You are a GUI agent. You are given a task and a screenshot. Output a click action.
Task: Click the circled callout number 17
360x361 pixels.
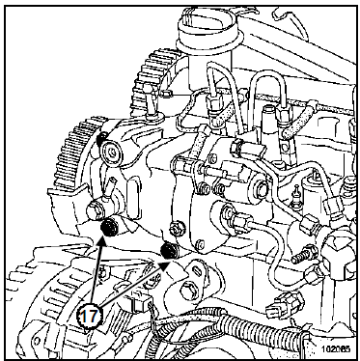click(90, 317)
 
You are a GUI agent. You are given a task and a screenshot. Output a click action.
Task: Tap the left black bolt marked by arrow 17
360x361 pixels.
click(108, 228)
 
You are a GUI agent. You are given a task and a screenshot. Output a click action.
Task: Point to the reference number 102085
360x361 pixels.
click(337, 348)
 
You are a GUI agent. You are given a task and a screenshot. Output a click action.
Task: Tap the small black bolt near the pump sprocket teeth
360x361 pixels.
click(101, 138)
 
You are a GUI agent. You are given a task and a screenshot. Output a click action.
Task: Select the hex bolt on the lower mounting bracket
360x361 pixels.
click(187, 292)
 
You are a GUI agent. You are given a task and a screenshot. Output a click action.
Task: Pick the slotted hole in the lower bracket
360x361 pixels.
click(196, 270)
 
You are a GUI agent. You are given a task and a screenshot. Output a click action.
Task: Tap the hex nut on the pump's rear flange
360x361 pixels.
click(177, 228)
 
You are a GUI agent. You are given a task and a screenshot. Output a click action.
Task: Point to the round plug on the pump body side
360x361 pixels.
click(261, 186)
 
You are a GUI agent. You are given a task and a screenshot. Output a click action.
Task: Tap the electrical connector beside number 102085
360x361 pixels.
click(283, 306)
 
